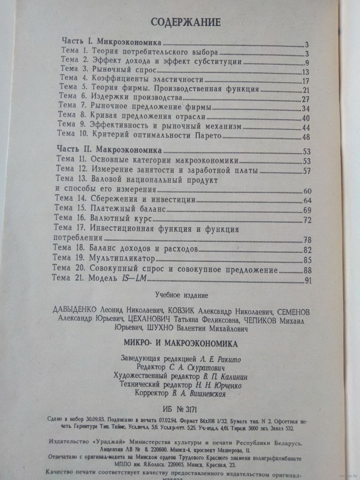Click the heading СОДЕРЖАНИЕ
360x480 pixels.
point(186,22)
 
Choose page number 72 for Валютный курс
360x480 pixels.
point(307,220)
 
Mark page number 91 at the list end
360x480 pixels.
point(308,280)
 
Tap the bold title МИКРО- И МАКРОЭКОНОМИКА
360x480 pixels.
point(180,343)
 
